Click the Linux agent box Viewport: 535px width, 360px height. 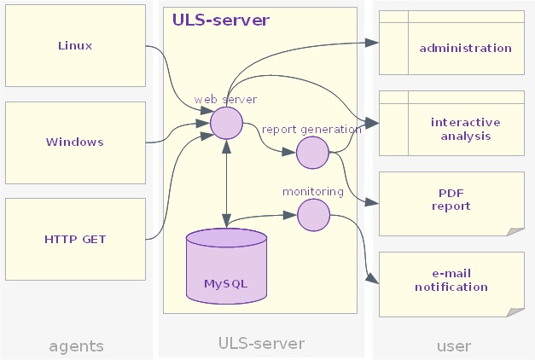pyautogui.click(x=75, y=46)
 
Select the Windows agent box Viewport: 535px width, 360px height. pyautogui.click(x=75, y=142)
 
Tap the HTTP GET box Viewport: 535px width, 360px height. pyautogui.click(x=75, y=239)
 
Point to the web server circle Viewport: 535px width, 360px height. pyautogui.click(x=227, y=123)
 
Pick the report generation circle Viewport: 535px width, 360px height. pyautogui.click(x=312, y=152)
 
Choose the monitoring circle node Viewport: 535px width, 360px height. pyautogui.click(x=313, y=214)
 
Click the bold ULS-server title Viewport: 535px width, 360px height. pyautogui.click(x=221, y=20)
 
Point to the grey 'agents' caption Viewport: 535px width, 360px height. pyautogui.click(x=76, y=345)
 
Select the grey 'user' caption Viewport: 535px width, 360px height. pyautogui.click(x=453, y=345)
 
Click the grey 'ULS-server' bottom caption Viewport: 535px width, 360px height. pyautogui.click(x=261, y=344)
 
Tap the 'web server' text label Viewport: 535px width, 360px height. pyautogui.click(x=225, y=100)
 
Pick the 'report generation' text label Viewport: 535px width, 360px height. pyautogui.click(x=311, y=130)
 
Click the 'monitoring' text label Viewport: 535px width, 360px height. pyautogui.click(x=313, y=192)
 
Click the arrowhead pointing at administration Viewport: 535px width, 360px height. pyautogui.click(x=373, y=42)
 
